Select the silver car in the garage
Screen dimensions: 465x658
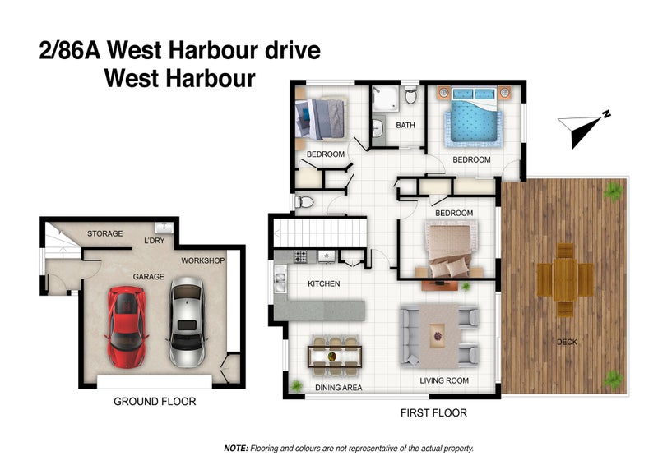186,322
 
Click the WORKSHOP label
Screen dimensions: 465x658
203,260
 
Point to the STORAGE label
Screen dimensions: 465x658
104,234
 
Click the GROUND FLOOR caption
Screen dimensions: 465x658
154,402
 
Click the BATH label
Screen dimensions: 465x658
405,126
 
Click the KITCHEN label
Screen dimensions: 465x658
324,284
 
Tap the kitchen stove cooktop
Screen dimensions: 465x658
300,256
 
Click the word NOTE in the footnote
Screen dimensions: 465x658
236,449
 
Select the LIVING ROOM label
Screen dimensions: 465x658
444,380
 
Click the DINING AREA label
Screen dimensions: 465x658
339,387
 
